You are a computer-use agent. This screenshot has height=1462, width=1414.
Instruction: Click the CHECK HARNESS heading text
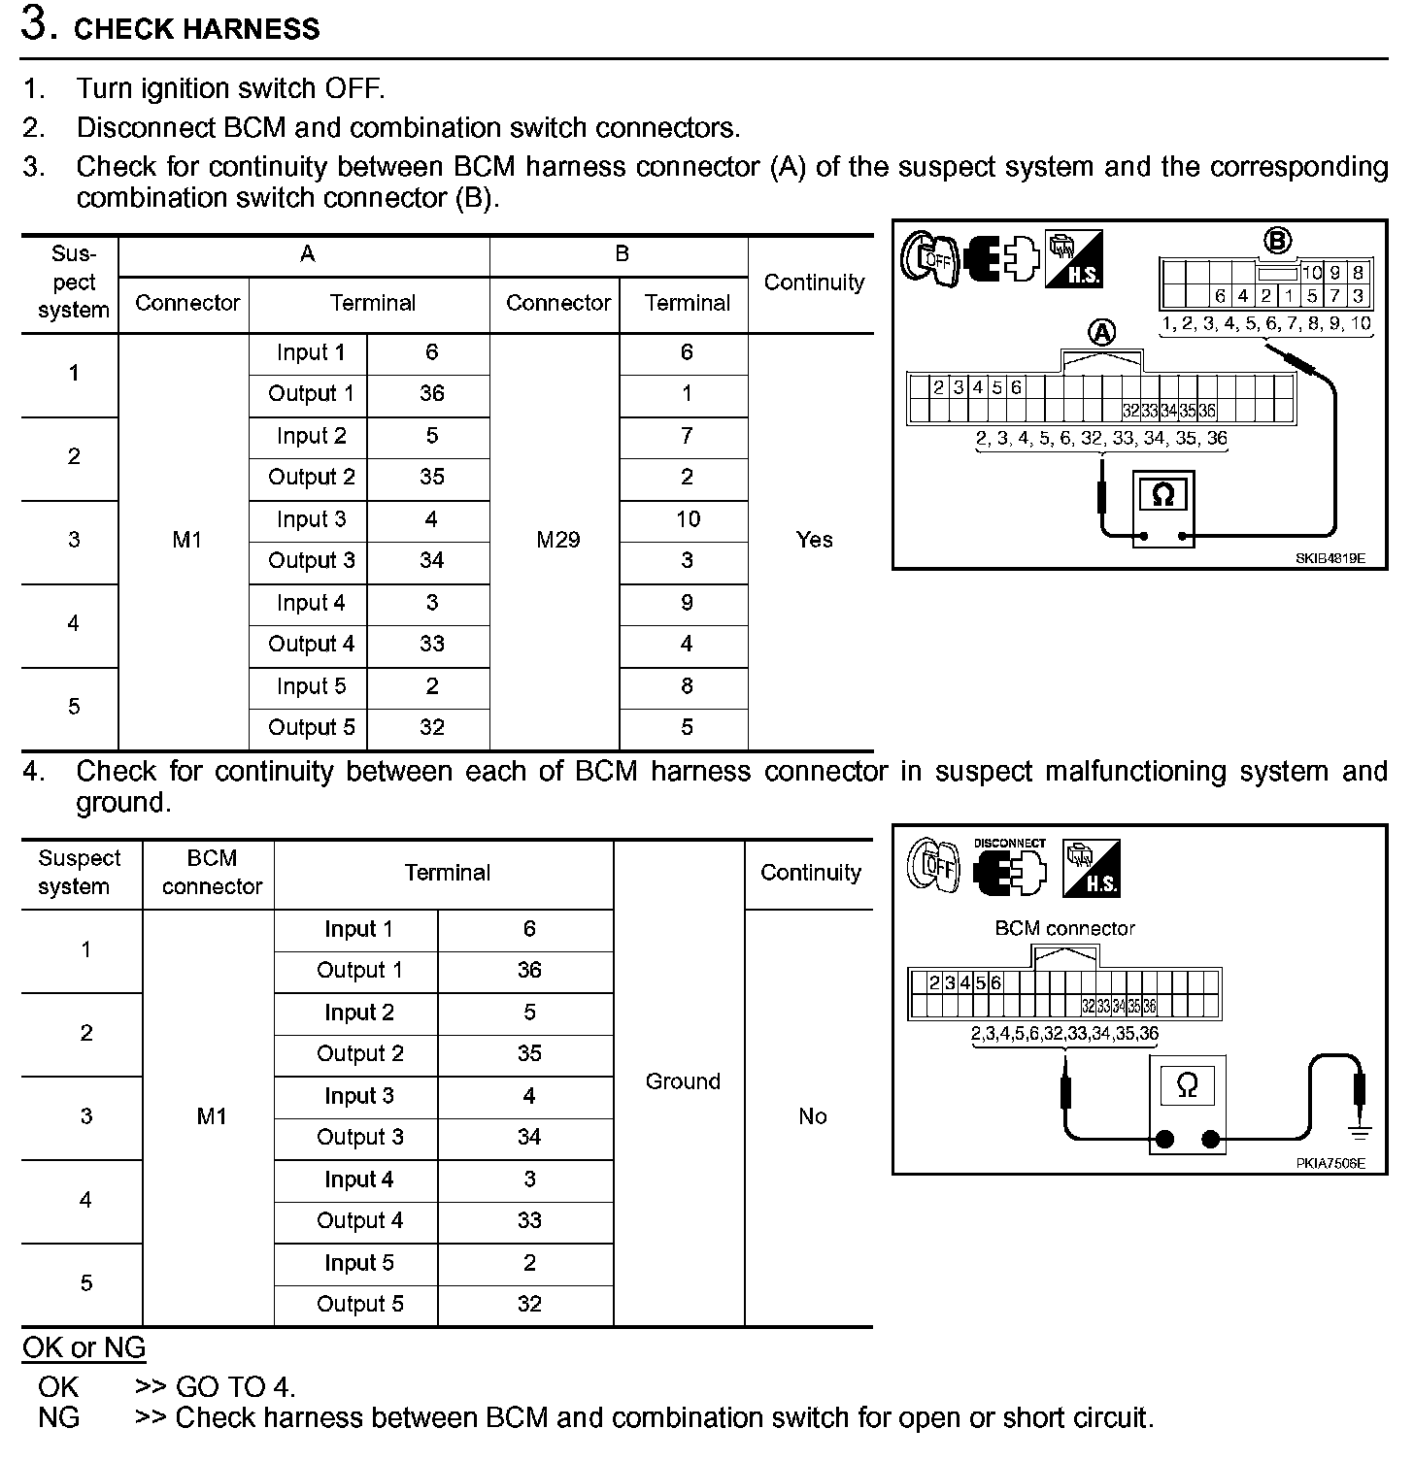click(196, 28)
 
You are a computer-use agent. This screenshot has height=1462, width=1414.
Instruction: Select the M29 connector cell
click(557, 540)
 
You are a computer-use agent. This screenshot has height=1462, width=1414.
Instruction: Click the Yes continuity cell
click(814, 540)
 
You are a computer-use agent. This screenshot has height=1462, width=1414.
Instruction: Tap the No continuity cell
click(812, 1116)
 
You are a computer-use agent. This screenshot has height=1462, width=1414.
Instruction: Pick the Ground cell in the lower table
click(683, 1081)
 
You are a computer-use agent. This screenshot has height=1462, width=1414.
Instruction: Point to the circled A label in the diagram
click(1102, 333)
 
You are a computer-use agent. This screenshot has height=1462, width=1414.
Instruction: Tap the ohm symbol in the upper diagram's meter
click(1162, 496)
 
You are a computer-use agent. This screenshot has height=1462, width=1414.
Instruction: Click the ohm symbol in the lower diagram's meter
click(1187, 1084)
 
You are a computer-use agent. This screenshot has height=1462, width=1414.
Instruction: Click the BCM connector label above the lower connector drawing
click(1064, 928)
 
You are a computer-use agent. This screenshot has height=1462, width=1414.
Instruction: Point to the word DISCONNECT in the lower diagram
click(1010, 844)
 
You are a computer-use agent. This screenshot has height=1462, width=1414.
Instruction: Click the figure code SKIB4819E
click(1330, 558)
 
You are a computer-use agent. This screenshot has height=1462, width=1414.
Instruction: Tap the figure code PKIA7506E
click(1330, 1163)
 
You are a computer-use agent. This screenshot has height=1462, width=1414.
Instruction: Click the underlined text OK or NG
click(84, 1347)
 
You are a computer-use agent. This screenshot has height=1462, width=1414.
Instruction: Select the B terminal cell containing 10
click(688, 519)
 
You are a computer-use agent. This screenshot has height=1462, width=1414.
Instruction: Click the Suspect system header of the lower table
click(80, 872)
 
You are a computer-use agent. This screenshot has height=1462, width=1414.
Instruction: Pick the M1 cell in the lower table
click(212, 1116)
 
